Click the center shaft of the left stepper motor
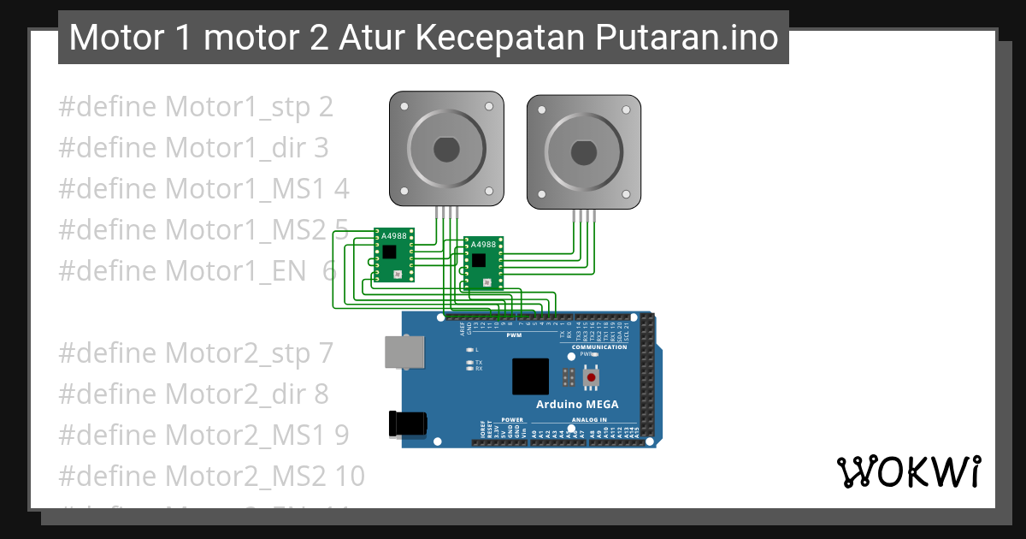[x=446, y=150]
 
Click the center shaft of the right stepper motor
[x=583, y=151]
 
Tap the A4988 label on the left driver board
[x=394, y=235]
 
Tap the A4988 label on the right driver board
[x=484, y=244]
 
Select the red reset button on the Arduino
[x=591, y=376]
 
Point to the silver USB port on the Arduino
[x=404, y=352]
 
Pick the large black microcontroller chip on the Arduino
[x=530, y=376]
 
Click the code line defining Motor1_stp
[x=196, y=108]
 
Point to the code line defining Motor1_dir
[x=193, y=148]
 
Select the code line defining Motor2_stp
[x=195, y=352]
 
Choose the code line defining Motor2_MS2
[x=211, y=475]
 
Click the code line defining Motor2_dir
[x=193, y=394]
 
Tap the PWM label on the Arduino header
[x=515, y=335]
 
